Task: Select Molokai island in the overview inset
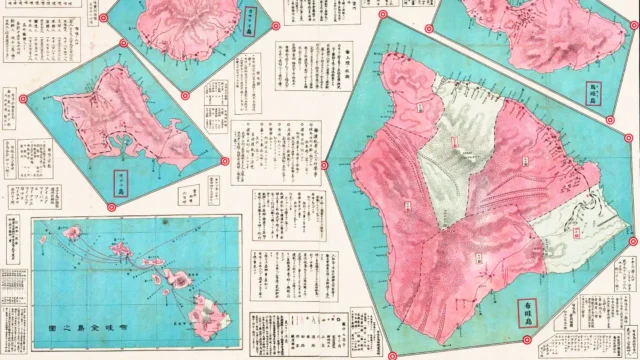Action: click(150, 263)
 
